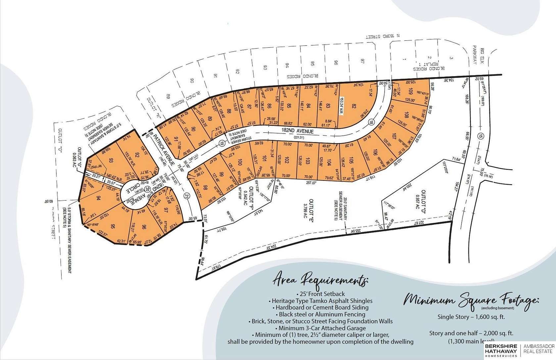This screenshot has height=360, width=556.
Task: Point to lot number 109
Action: (410, 91)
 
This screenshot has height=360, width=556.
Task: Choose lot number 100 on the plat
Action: (240, 162)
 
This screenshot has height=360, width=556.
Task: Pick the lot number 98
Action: (205, 188)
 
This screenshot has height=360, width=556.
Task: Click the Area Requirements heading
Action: (320, 280)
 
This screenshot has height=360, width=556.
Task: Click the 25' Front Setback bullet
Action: (320, 294)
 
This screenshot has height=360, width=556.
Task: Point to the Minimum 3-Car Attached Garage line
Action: (320, 328)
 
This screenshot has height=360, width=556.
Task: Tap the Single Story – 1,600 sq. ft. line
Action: (472, 317)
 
